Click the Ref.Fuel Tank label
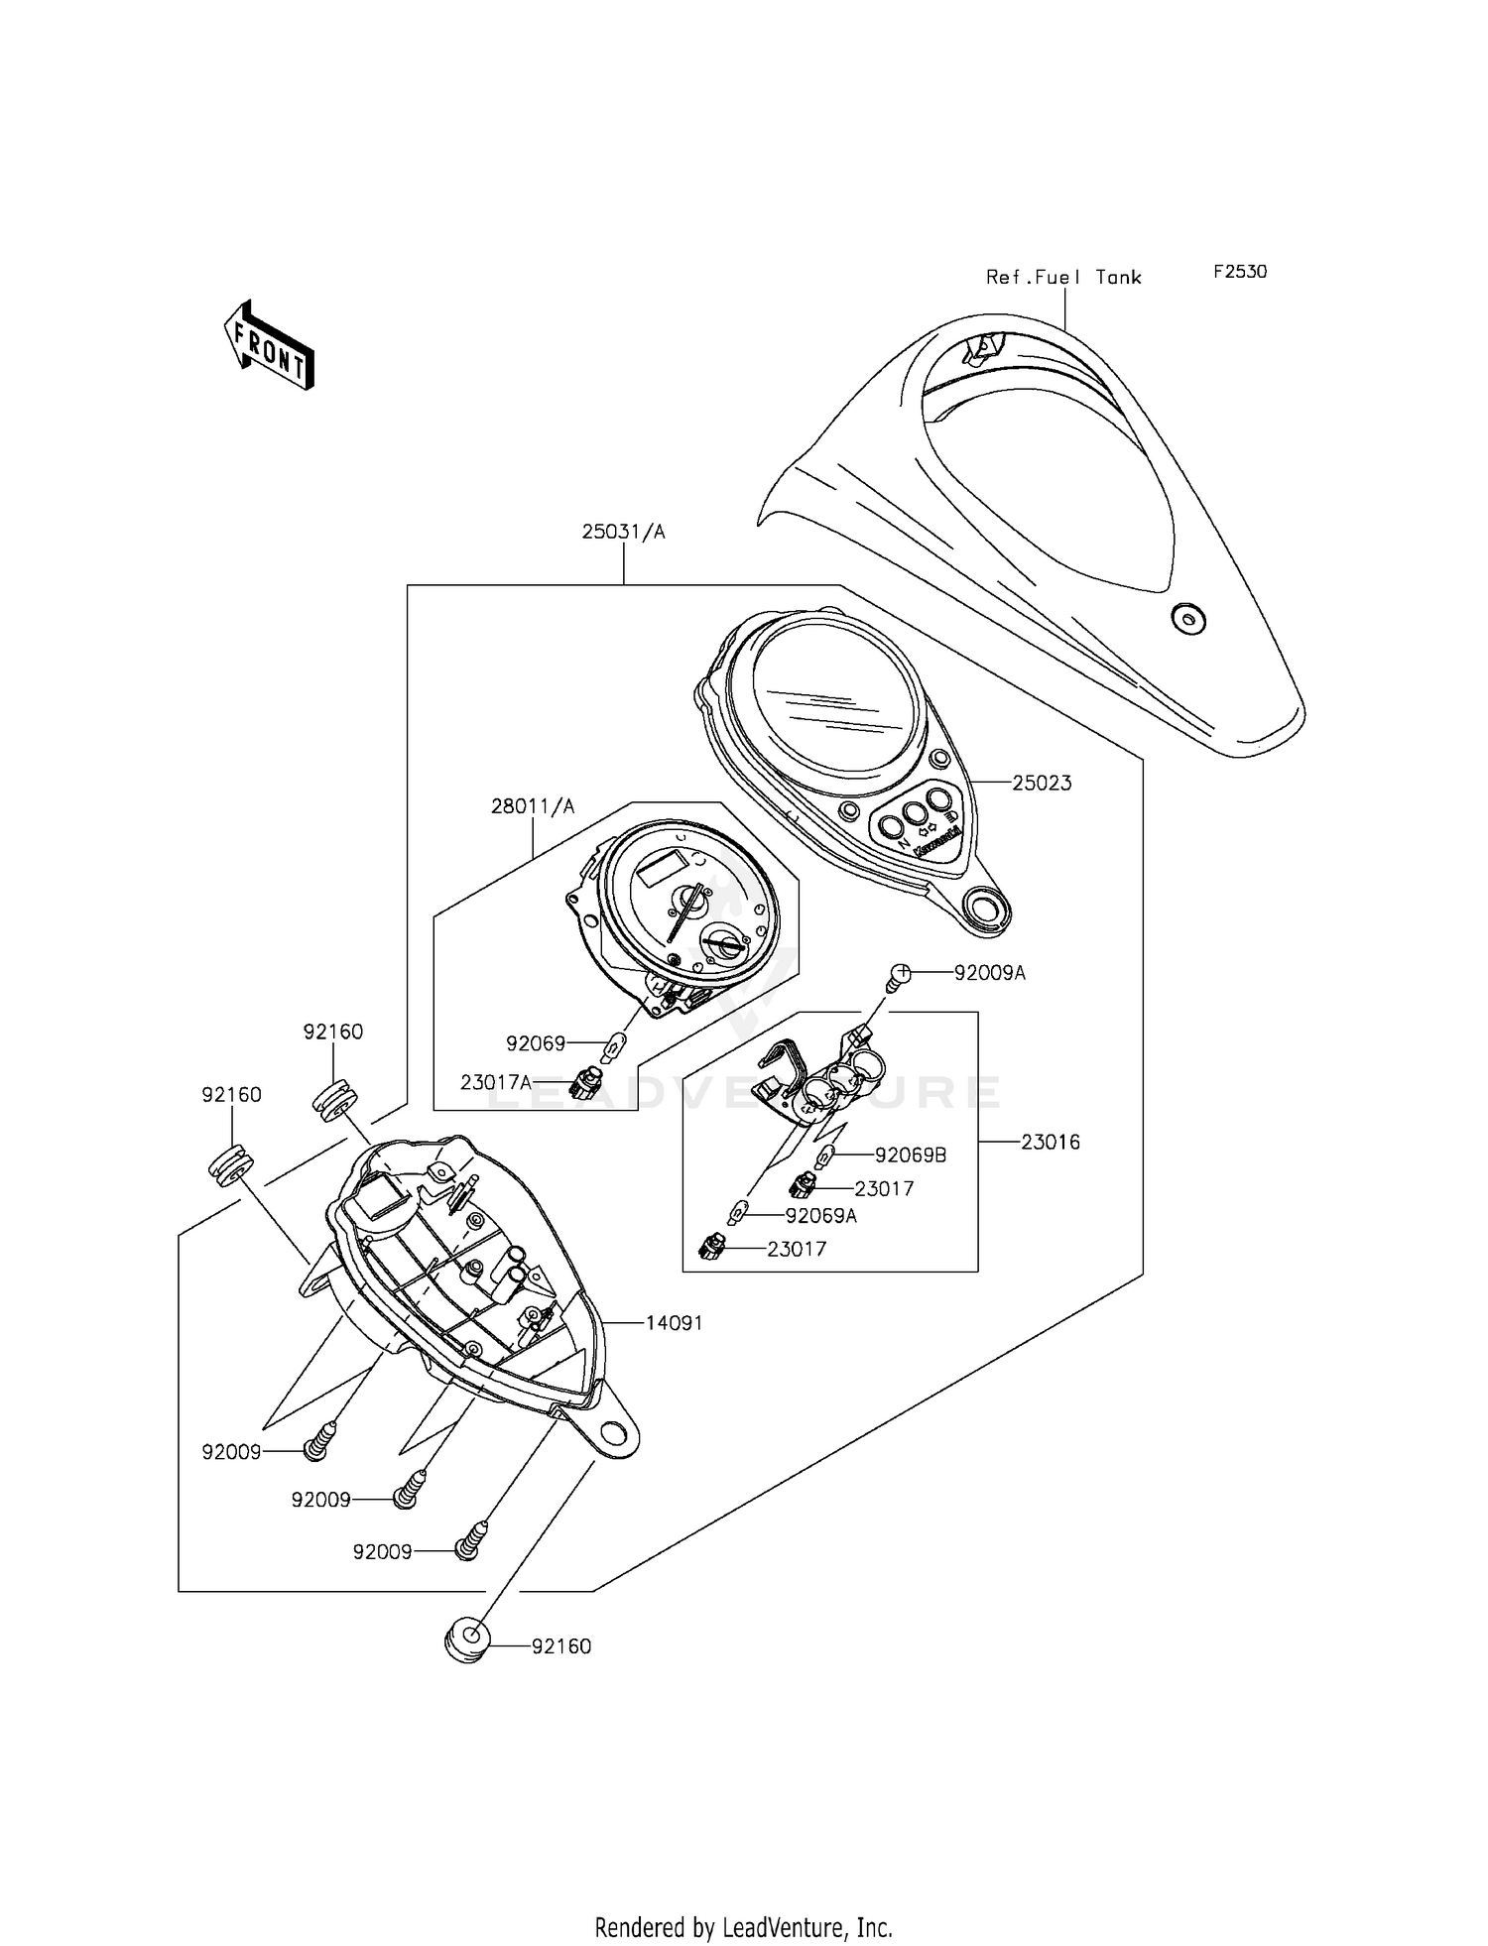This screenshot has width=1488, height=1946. [x=1062, y=278]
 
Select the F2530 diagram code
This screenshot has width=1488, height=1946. [x=1239, y=272]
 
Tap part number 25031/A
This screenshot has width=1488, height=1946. [x=623, y=533]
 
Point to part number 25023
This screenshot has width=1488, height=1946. [x=1042, y=783]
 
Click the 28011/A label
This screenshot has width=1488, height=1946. [x=533, y=806]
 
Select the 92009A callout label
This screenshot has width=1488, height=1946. [x=989, y=973]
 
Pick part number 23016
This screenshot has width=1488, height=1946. [x=1051, y=1142]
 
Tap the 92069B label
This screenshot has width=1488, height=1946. [x=910, y=1155]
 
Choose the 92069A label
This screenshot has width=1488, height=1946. [x=820, y=1215]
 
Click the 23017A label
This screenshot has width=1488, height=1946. [x=496, y=1082]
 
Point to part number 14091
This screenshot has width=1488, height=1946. [x=674, y=1323]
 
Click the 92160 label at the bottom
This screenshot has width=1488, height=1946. [x=561, y=1646]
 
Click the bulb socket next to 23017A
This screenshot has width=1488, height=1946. [x=587, y=1080]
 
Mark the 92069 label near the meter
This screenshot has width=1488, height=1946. [x=535, y=1043]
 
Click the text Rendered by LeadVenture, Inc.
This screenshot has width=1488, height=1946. [x=743, y=1927]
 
